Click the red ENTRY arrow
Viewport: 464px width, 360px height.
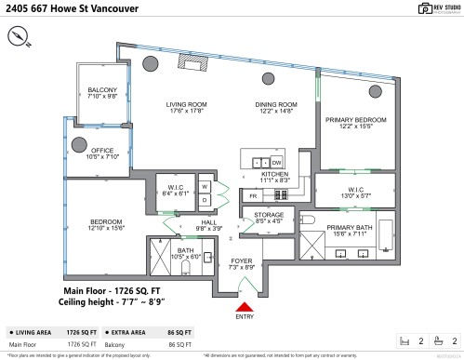[245, 306]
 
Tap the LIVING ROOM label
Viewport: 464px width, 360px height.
[184, 104]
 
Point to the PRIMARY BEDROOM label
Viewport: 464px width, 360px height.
[353, 120]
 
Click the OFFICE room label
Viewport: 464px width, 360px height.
[101, 151]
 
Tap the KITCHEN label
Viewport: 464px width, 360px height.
[275, 174]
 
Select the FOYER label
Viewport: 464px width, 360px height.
[242, 261]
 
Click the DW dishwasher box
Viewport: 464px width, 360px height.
[277, 161]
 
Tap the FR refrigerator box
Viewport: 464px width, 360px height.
[252, 196]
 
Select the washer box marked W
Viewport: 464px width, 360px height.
[205, 187]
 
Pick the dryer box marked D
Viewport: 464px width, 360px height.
[205, 202]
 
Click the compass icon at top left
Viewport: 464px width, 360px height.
[21, 36]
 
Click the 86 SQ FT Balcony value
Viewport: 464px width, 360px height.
[180, 344]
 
